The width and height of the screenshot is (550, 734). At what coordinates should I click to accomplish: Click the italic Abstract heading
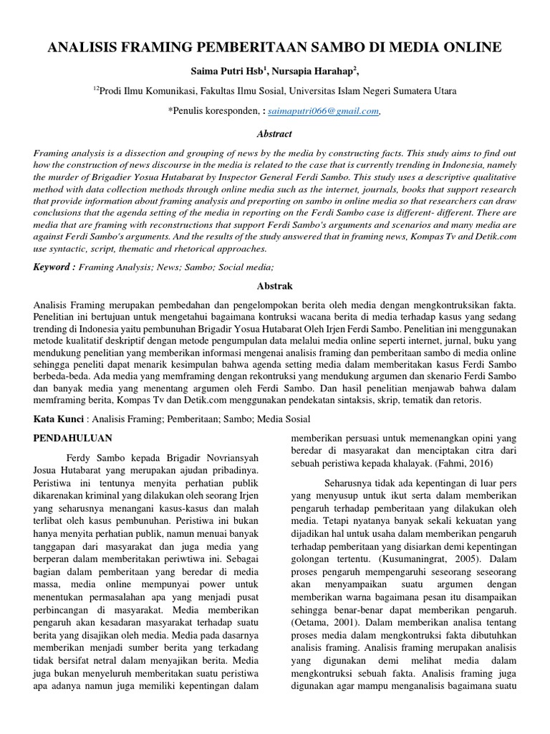coord(275,133)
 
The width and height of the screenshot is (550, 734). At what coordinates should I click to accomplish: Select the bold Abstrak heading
coord(275,285)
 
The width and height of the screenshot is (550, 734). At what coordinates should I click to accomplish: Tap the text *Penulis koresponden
coord(213,111)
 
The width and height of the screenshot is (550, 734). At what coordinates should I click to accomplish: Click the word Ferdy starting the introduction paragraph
coord(79,457)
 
